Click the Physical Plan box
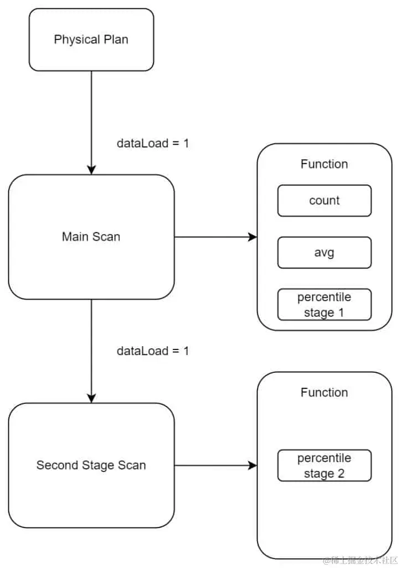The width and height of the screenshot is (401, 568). [91, 39]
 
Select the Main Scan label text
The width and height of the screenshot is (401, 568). [91, 237]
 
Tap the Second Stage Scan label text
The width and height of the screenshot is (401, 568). [91, 465]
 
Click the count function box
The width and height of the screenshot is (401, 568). [324, 201]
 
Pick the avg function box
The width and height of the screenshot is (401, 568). [324, 252]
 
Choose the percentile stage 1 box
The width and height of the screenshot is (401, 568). [324, 305]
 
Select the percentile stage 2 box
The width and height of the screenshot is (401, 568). [324, 465]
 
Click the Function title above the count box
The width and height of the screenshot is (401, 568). [324, 164]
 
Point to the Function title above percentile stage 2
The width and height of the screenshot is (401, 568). [324, 393]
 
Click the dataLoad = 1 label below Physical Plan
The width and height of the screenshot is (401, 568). [153, 143]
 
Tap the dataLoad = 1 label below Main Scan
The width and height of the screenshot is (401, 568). [153, 351]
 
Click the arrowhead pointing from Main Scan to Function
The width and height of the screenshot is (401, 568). [253, 237]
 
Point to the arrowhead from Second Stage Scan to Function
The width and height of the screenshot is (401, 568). [253, 465]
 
